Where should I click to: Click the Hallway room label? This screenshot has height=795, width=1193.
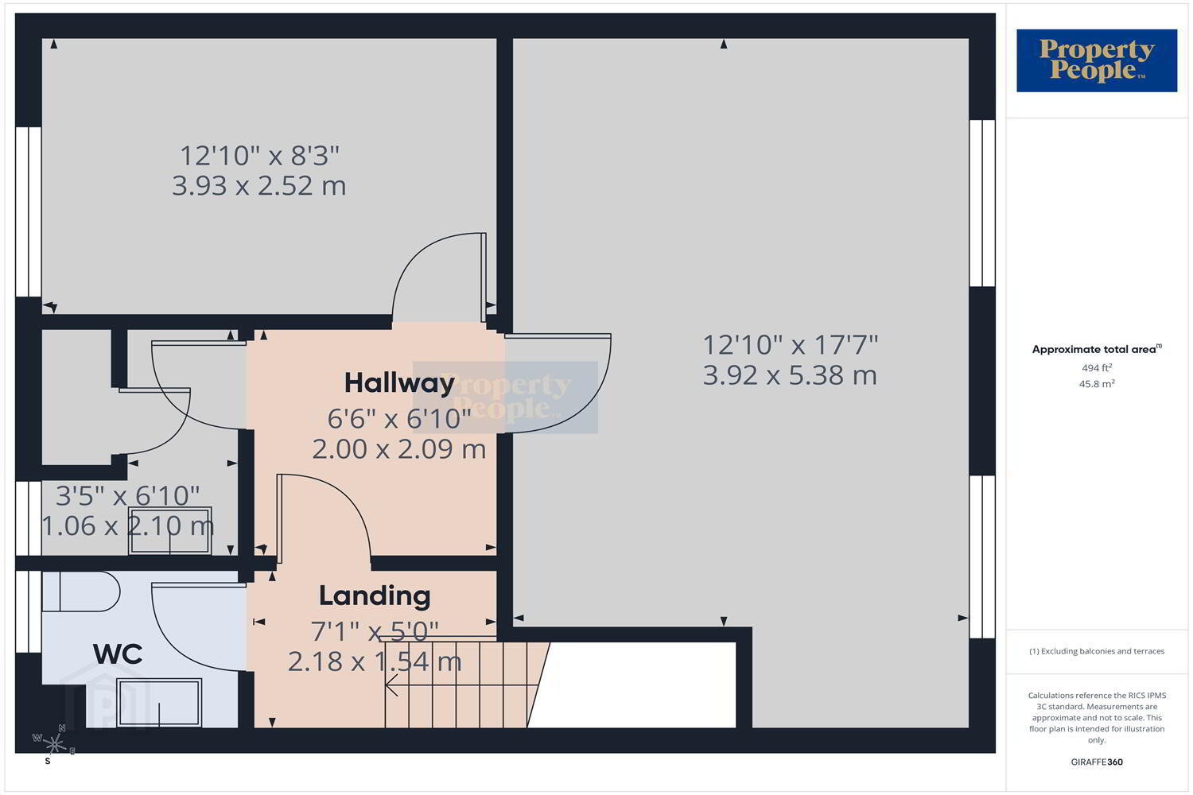[399, 383]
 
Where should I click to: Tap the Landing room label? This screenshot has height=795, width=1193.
[375, 595]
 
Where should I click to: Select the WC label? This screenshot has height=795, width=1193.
[118, 654]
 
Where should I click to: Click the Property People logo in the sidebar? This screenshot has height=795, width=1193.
[1097, 60]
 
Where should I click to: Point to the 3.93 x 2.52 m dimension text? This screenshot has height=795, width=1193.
[258, 186]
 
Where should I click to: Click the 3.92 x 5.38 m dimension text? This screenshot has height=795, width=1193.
[790, 375]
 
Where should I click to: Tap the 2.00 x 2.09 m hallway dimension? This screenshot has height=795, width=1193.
[399, 449]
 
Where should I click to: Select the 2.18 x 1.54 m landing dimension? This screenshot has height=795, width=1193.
[375, 662]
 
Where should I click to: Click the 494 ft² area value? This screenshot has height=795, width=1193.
[1097, 368]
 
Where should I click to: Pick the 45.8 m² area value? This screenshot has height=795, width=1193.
[1097, 383]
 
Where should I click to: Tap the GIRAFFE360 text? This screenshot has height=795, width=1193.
[1097, 762]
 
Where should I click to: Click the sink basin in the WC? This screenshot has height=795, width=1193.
[159, 703]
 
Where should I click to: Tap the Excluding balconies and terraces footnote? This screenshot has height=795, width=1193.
[1097, 651]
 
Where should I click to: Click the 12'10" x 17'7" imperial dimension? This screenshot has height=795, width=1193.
[791, 345]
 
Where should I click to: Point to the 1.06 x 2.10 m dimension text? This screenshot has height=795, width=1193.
[128, 526]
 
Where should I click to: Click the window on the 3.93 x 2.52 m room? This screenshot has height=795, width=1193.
[28, 211]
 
